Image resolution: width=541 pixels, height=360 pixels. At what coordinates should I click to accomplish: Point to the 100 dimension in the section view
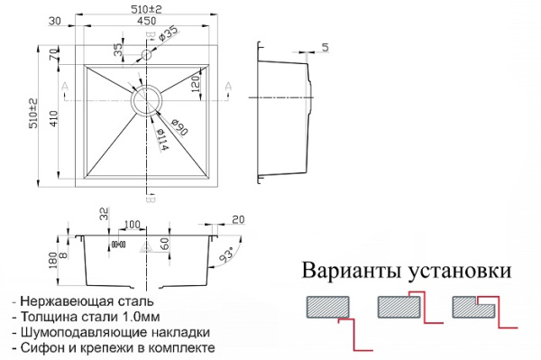pyautogui.click(x=132, y=224)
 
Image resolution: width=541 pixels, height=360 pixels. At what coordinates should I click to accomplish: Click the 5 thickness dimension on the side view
pyautogui.click(x=325, y=47)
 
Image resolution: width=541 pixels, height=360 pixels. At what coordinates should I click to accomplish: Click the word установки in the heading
pyautogui.click(x=461, y=271)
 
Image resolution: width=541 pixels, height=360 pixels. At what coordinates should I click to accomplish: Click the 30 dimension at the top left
pyautogui.click(x=55, y=22)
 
